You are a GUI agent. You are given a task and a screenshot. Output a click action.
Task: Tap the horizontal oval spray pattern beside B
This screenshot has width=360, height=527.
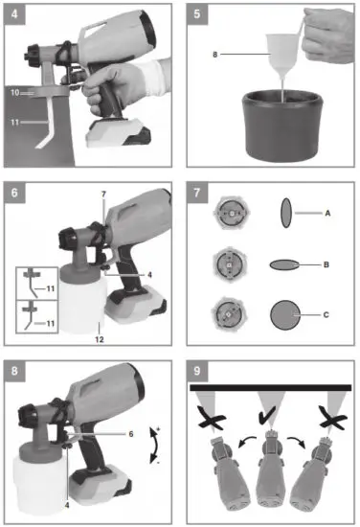tap(288, 261)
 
